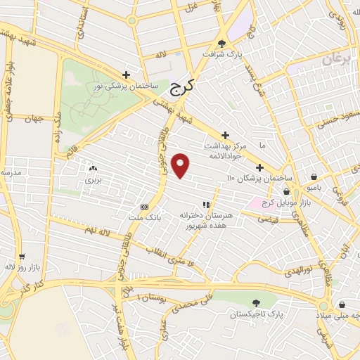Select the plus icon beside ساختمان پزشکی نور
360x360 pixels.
126,75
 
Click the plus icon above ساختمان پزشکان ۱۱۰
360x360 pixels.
259,167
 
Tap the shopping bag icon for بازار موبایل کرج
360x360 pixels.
286,191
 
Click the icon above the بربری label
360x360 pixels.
93,168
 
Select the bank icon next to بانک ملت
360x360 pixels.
144,207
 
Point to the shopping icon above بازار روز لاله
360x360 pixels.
22,257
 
